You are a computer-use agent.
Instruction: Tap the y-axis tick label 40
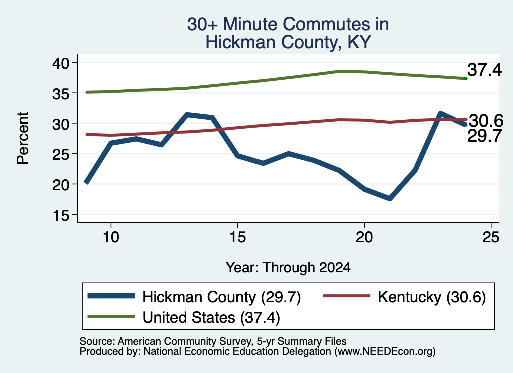click(61, 63)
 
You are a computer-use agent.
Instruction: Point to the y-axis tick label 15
click(61, 215)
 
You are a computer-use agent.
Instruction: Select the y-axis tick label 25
click(61, 154)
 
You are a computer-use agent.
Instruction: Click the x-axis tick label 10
click(111, 237)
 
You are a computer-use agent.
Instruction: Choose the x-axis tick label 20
click(365, 237)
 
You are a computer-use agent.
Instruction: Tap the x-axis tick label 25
click(491, 237)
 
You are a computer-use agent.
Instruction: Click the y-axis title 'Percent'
click(23, 138)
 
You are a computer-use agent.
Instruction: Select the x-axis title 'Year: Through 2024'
click(288, 267)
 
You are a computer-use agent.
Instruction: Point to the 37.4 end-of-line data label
click(484, 70)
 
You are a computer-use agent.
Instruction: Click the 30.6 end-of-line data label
click(486, 121)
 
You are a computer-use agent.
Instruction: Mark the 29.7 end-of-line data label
click(484, 135)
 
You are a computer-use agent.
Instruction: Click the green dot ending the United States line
click(466, 79)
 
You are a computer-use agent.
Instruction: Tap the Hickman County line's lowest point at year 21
click(390, 198)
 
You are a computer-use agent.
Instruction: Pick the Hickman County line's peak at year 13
click(187, 115)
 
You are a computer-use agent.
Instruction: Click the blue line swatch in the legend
click(111, 296)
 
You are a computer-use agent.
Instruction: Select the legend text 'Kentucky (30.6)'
click(432, 297)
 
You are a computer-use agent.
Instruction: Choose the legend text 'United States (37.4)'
click(211, 317)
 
